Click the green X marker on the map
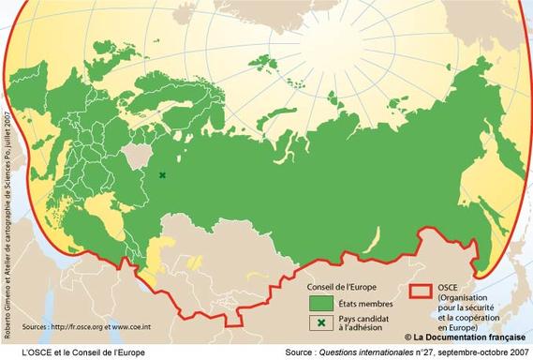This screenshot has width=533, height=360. [x=162, y=175]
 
